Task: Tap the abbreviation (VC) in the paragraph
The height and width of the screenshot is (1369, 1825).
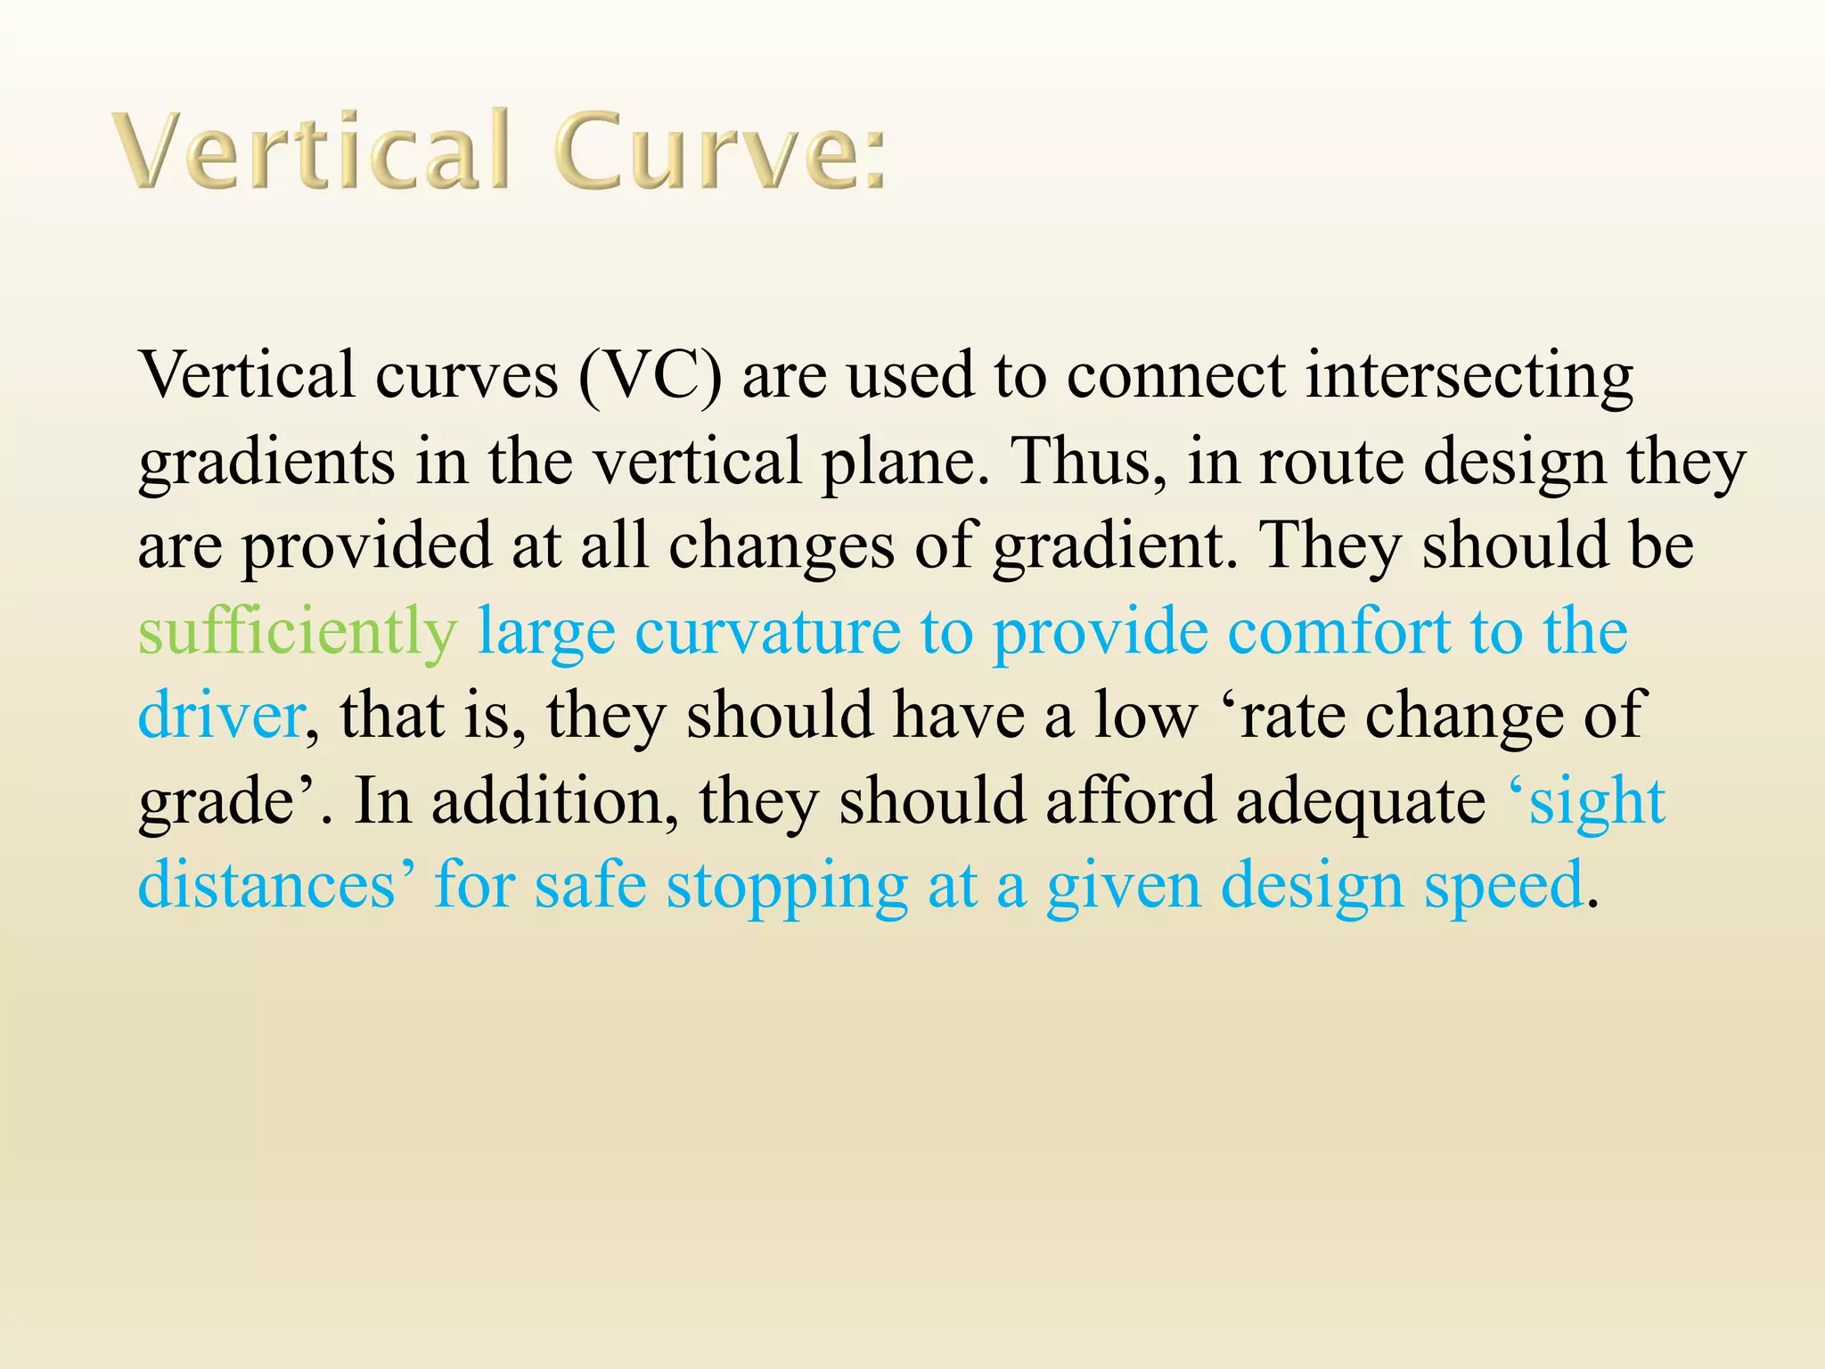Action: [x=650, y=375]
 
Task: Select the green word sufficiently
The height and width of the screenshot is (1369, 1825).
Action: [x=297, y=632]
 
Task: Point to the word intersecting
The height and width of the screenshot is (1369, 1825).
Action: [x=1469, y=375]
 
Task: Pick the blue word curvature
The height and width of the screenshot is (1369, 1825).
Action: [x=767, y=632]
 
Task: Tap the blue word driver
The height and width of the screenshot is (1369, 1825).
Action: [x=220, y=716]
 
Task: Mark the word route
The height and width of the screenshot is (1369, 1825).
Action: [x=1331, y=461]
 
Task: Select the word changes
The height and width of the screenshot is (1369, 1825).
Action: [x=782, y=545]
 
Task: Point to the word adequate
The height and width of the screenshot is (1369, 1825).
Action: [x=1360, y=801]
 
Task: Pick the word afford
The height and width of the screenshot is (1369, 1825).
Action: [x=1130, y=801]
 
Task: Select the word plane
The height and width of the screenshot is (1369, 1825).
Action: [x=902, y=461]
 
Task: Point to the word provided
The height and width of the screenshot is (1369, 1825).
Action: [x=366, y=545]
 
